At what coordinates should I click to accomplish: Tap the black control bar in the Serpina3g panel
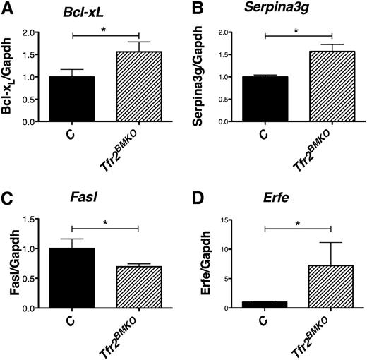coord(265,99)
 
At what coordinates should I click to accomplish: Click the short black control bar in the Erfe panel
coord(265,305)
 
